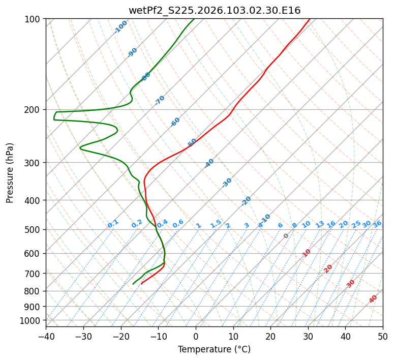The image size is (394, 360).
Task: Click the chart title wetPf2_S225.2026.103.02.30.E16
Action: click(214, 10)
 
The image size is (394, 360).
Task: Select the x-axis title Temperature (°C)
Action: click(214, 350)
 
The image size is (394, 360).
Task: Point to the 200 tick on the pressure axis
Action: click(34, 110)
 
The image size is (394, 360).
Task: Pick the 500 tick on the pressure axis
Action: click(34, 230)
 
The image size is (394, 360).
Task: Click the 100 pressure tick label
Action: click(34, 19)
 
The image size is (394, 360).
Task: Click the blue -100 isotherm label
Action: click(120, 26)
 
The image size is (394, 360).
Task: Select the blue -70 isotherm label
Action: click(160, 100)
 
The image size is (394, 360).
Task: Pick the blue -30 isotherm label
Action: click(227, 183)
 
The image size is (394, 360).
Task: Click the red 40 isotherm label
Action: click(373, 299)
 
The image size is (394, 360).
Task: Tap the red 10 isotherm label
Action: click(307, 253)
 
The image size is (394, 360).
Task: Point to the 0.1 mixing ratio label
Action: click(113, 223)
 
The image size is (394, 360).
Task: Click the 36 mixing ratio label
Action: click(377, 224)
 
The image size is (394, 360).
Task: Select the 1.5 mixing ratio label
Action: click(216, 223)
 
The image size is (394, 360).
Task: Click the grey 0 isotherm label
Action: click(286, 236)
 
